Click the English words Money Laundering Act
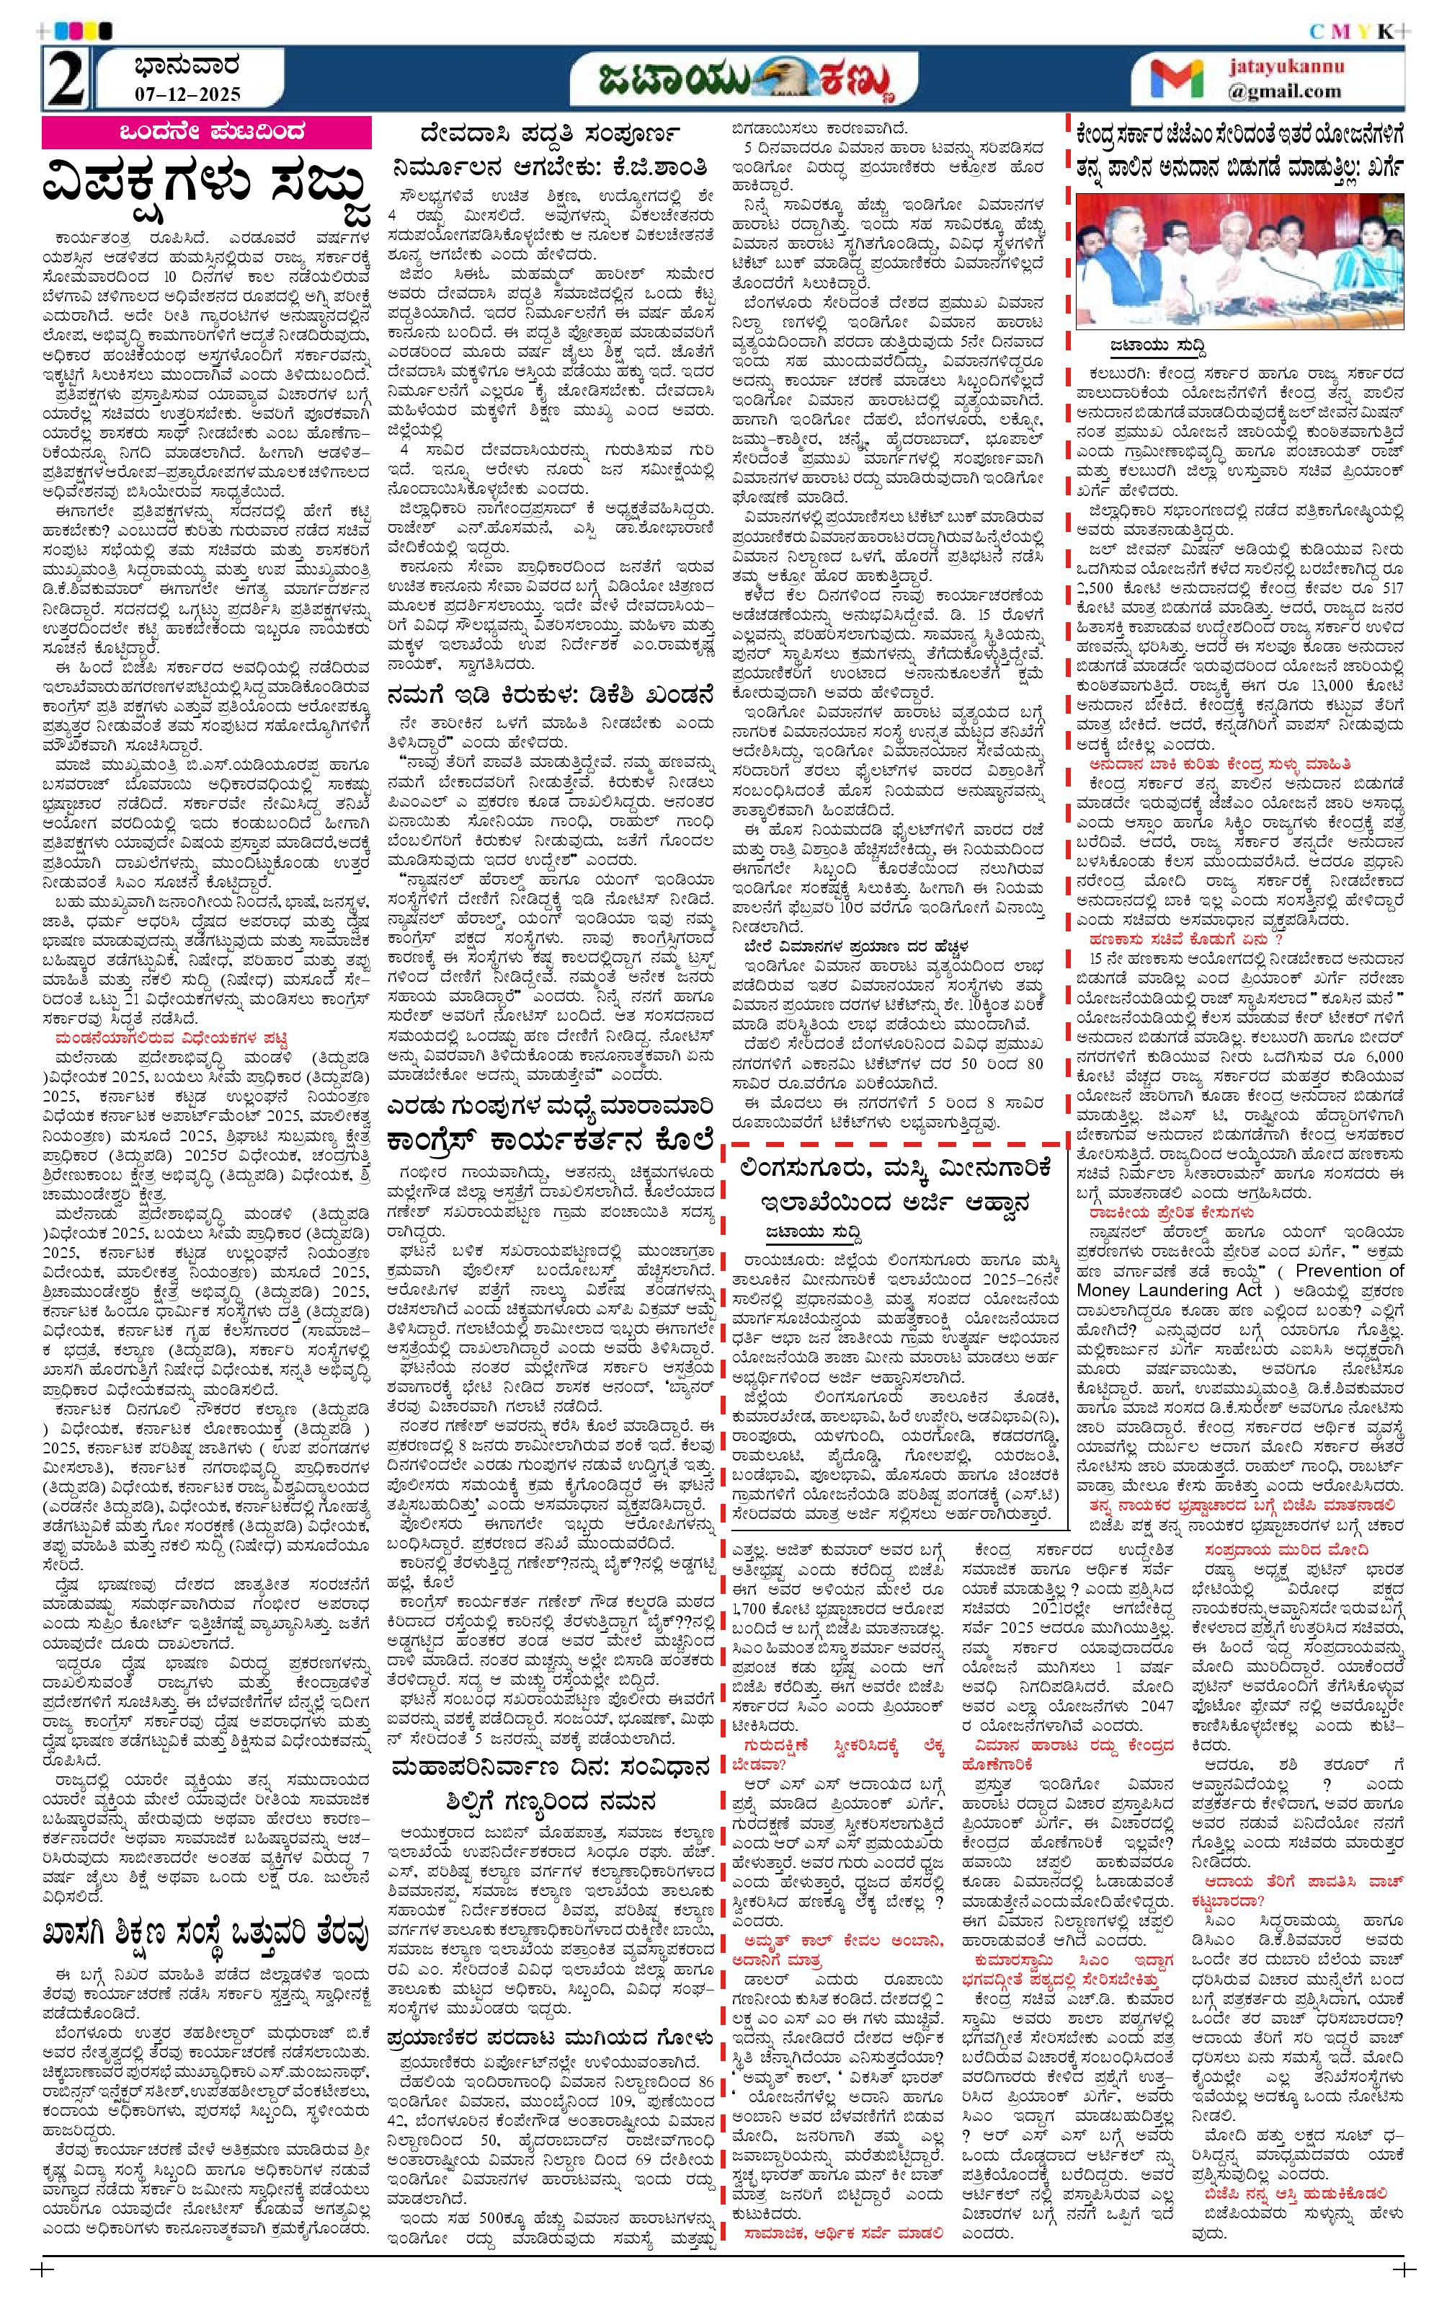tap(1183, 1290)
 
